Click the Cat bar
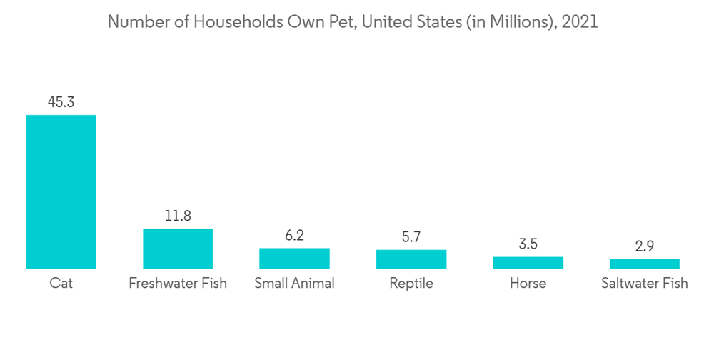pyautogui.click(x=61, y=191)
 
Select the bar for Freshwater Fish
pyautogui.click(x=178, y=249)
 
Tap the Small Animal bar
pyautogui.click(x=294, y=258)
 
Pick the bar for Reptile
pyautogui.click(x=411, y=259)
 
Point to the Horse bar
pyautogui.click(x=528, y=263)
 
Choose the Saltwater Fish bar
pyautogui.click(x=645, y=264)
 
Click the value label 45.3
pyautogui.click(x=61, y=102)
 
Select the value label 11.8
pyautogui.click(x=178, y=216)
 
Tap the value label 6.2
pyautogui.click(x=294, y=235)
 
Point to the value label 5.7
pyautogui.click(x=411, y=236)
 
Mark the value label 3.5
pyautogui.click(x=528, y=244)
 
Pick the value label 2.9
pyautogui.click(x=645, y=246)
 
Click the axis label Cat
pyautogui.click(x=61, y=284)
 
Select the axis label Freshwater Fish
pyautogui.click(x=178, y=284)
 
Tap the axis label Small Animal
pyautogui.click(x=294, y=284)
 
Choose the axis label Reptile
pyautogui.click(x=411, y=284)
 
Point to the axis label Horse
pyautogui.click(x=528, y=284)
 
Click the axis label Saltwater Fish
pyautogui.click(x=645, y=284)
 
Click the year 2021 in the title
pyautogui.click(x=580, y=22)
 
